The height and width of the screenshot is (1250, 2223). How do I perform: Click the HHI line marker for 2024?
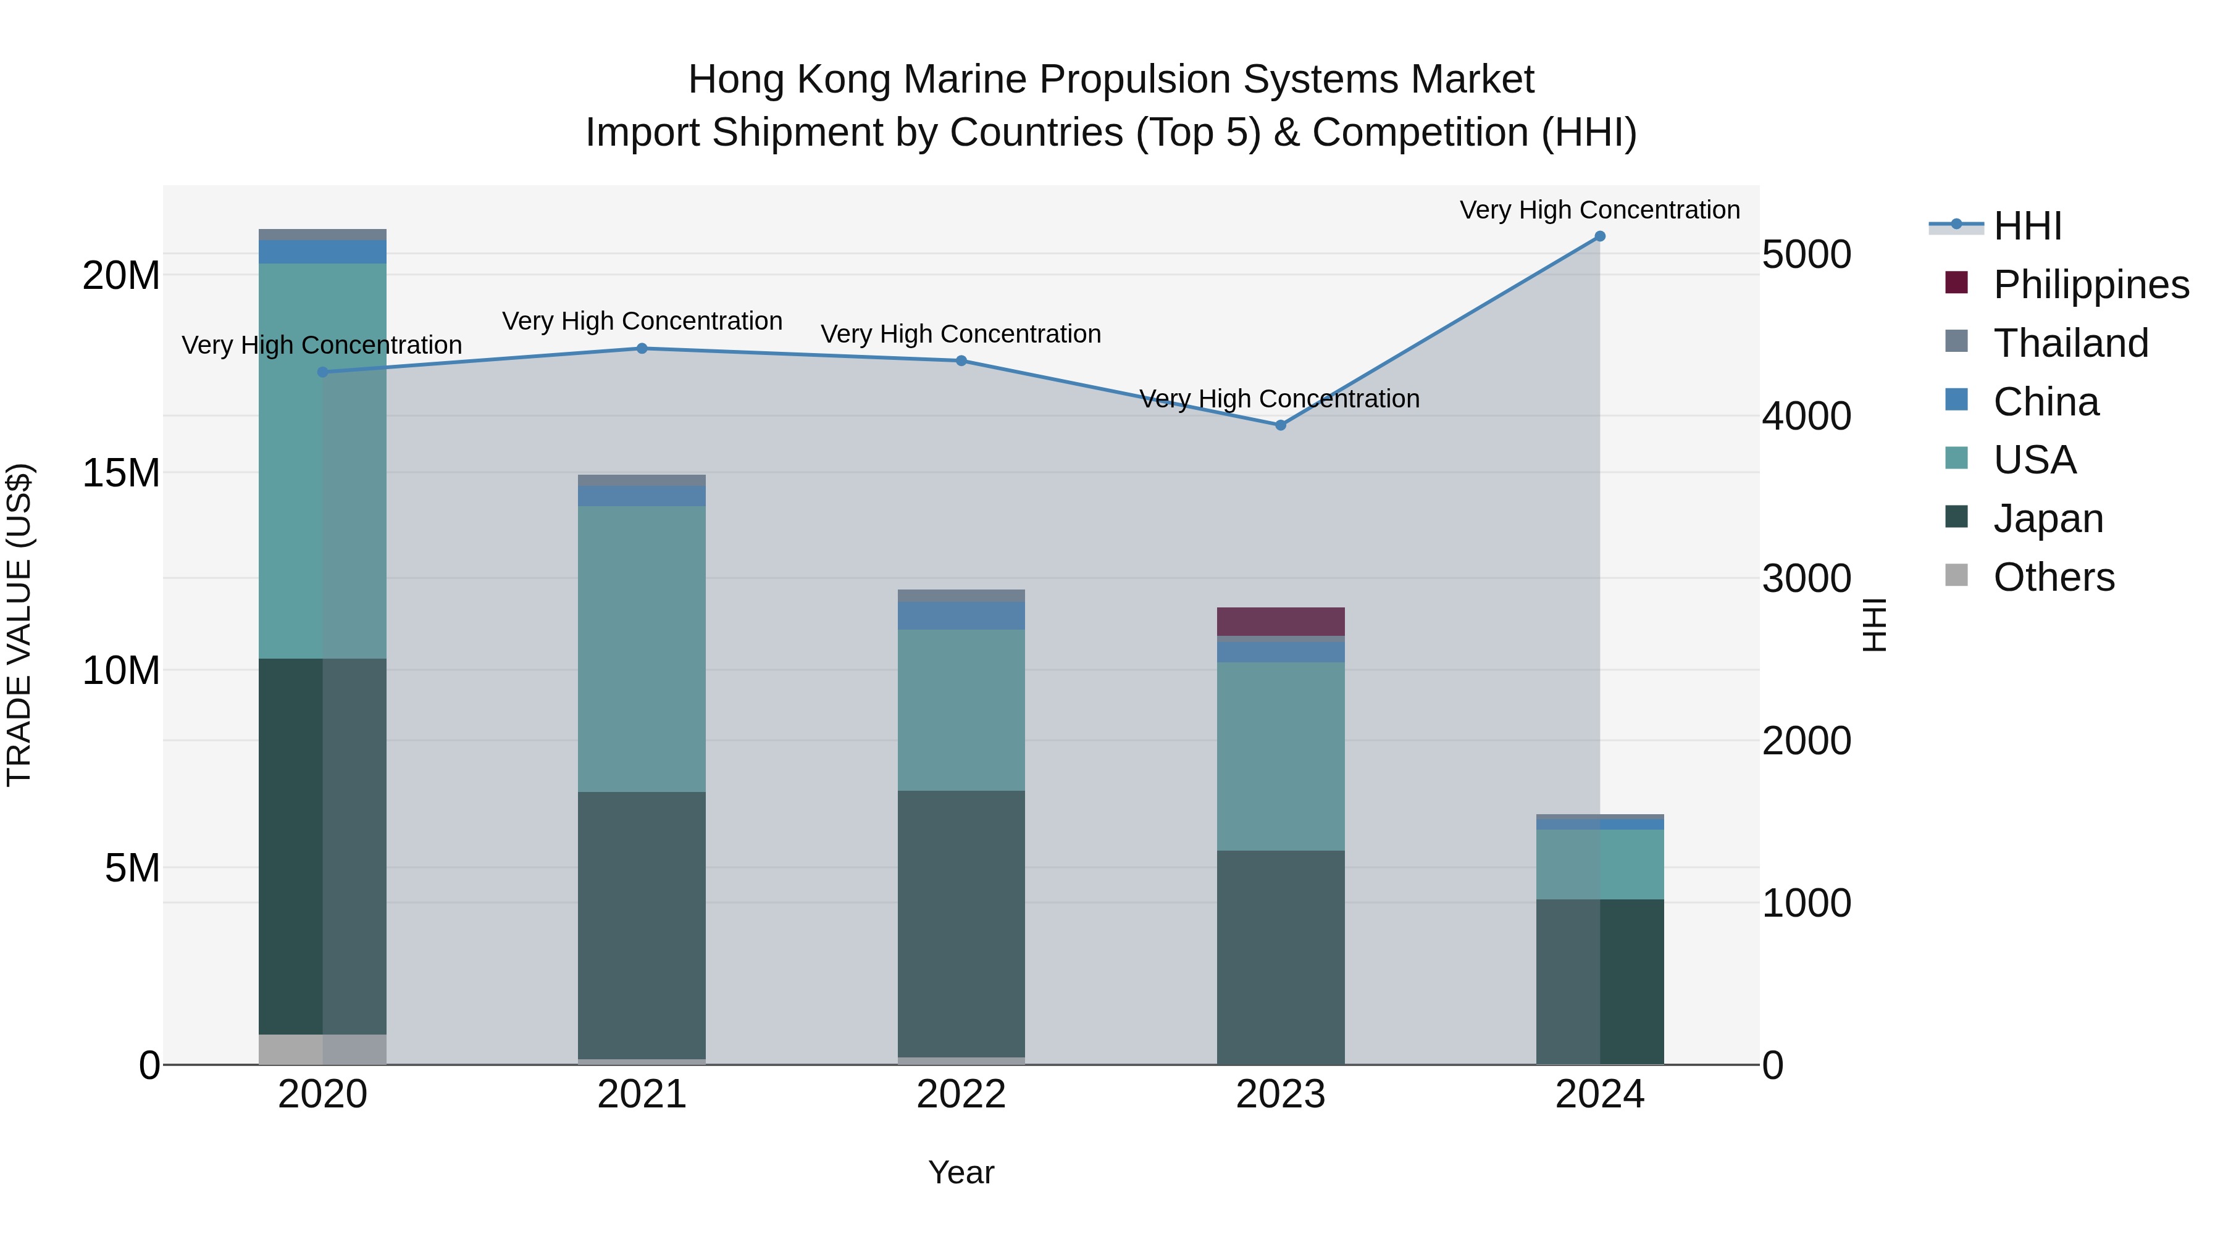[x=1599, y=236]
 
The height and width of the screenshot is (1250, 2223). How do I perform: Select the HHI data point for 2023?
[x=1280, y=425]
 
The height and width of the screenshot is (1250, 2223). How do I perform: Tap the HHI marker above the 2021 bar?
[x=641, y=349]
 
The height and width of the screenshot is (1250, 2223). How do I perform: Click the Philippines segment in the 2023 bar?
[x=1280, y=621]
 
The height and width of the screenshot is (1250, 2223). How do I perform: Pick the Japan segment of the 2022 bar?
[x=960, y=923]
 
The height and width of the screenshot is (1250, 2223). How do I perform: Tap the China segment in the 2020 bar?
[x=322, y=252]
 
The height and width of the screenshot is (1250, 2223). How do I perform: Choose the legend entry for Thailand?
[x=2069, y=343]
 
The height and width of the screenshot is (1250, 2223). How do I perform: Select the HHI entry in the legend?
[x=2026, y=226]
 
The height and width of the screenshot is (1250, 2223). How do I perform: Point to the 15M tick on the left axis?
[x=121, y=473]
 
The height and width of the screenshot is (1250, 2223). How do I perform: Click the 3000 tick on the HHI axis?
[x=1806, y=579]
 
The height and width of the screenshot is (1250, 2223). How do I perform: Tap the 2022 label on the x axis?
[x=960, y=1094]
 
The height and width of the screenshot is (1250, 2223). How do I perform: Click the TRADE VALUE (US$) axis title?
[x=19, y=625]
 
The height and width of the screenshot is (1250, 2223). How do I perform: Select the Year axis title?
[x=960, y=1172]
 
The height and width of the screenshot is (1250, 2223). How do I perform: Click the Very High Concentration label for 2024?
[x=1599, y=210]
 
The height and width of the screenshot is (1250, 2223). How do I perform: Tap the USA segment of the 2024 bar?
[x=1599, y=864]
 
